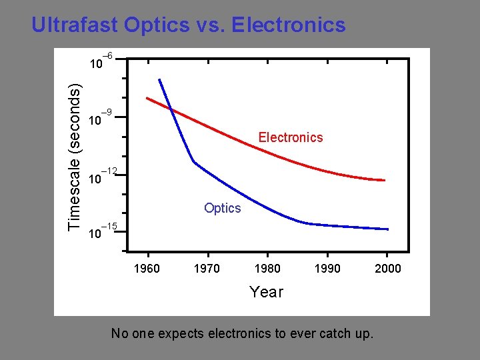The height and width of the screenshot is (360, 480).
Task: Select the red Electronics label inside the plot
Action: (290, 137)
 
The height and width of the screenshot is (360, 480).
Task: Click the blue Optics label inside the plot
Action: (222, 208)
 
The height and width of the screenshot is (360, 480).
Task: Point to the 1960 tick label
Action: (147, 269)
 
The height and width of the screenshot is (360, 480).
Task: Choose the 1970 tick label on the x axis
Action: (207, 269)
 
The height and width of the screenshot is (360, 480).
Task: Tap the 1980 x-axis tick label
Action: (267, 269)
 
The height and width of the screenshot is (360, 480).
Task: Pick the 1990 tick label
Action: (327, 269)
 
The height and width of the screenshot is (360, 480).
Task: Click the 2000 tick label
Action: (387, 269)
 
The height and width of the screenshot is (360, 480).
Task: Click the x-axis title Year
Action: (266, 292)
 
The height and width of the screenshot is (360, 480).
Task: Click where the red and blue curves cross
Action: (170, 109)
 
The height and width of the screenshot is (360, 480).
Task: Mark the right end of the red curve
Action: (385, 180)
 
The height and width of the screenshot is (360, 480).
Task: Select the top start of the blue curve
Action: (159, 80)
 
